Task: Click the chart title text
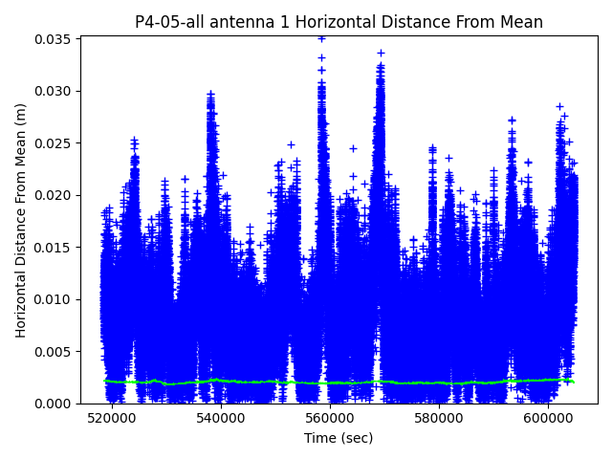click(339, 22)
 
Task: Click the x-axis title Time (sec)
click(339, 438)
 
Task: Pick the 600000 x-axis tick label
click(549, 418)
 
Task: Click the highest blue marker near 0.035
click(321, 38)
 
